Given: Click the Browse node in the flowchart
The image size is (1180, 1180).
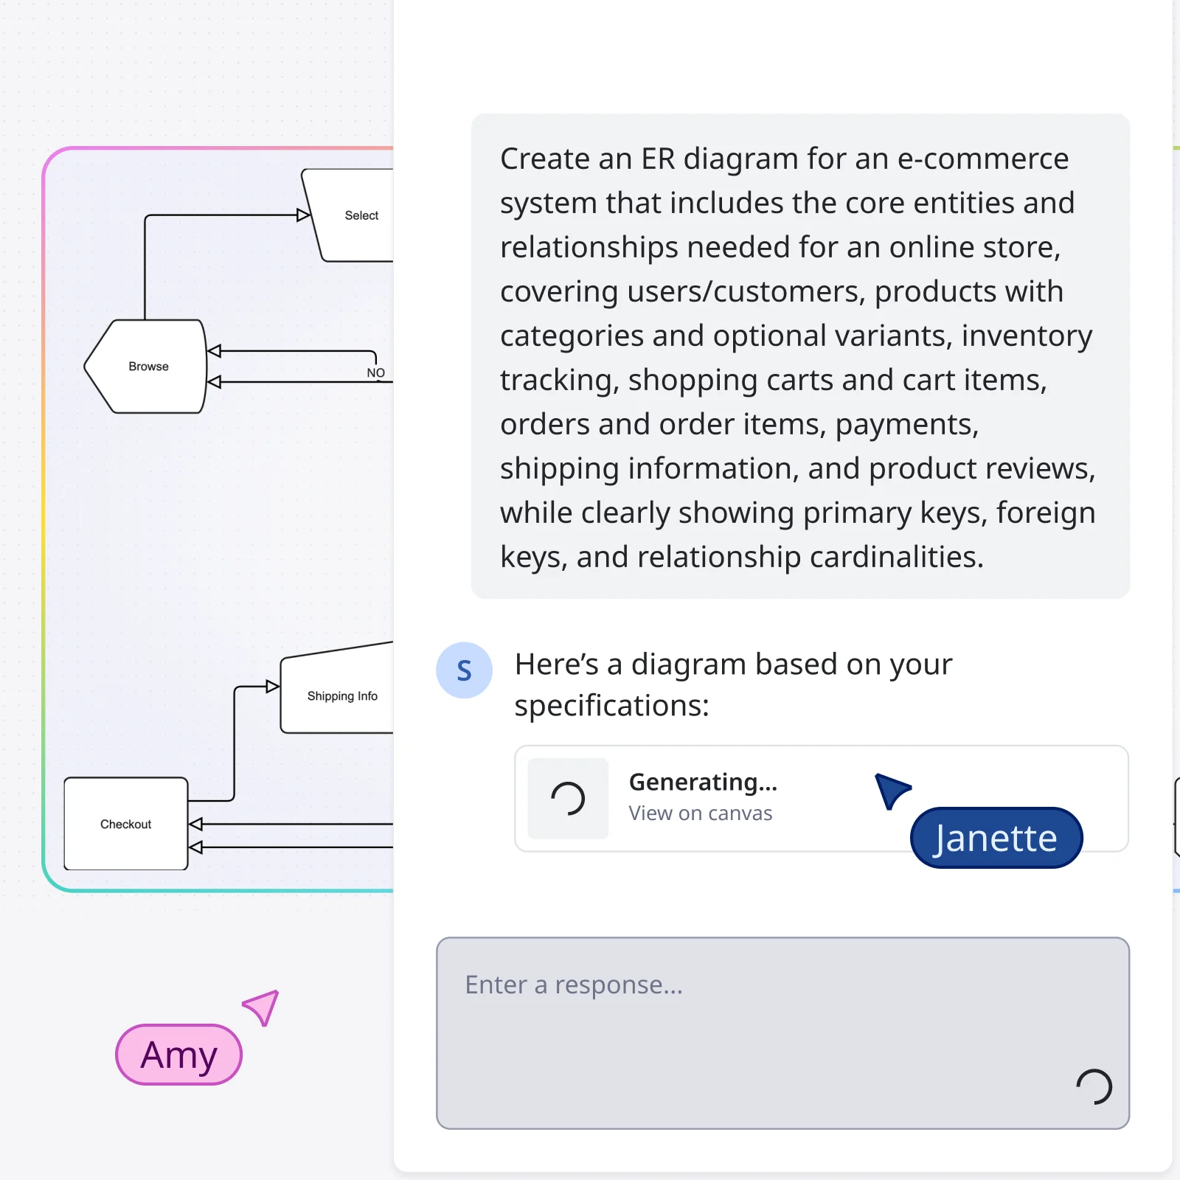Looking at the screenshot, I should [x=147, y=367].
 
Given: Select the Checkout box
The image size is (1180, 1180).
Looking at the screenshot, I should [x=126, y=824].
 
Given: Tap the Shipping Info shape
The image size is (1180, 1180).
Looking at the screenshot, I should [x=341, y=696].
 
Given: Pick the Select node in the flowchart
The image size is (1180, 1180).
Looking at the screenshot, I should [x=361, y=215].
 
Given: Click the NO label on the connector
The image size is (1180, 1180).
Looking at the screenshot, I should [x=376, y=372].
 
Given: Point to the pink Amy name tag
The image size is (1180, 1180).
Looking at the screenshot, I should [x=178, y=1055].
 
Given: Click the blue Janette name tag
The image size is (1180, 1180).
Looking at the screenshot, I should [x=996, y=838].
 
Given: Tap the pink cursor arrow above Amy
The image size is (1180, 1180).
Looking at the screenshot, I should [x=263, y=1007].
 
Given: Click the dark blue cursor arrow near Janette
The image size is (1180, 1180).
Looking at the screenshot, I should [x=891, y=790].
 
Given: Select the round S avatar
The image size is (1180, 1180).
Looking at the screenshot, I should [x=464, y=670].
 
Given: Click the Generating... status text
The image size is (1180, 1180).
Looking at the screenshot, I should [x=703, y=782].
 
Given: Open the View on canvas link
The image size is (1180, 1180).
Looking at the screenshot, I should [x=700, y=813].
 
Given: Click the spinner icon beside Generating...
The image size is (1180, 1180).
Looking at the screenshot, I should [x=568, y=799].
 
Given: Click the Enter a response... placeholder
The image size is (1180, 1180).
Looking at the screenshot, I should [x=574, y=985].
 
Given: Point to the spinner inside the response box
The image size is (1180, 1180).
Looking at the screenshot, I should [x=1094, y=1086].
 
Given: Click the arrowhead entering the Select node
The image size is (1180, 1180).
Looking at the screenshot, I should [x=303, y=215].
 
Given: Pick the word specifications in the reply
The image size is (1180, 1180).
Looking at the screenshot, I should [x=611, y=706].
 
